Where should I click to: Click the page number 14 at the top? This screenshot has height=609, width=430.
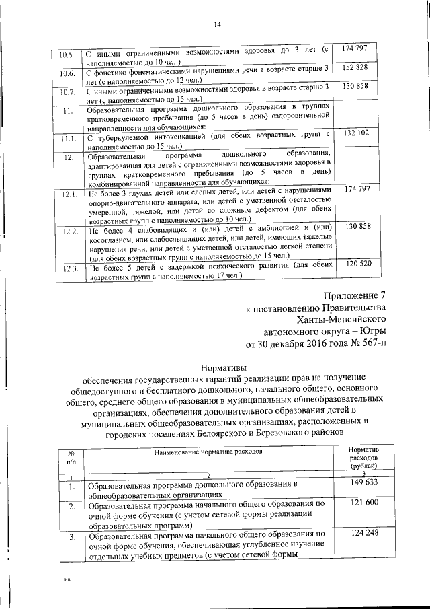point(217,25)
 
